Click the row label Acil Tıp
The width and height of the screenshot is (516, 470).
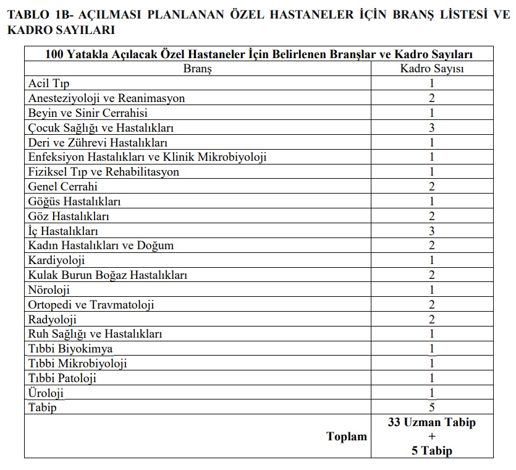pos(49,83)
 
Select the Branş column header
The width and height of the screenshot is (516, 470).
pos(197,69)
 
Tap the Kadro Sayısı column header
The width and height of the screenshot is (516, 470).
pos(432,69)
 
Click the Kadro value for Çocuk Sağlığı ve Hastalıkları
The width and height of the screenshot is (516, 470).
pos(432,128)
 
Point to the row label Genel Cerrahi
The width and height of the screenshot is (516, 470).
pos(63,187)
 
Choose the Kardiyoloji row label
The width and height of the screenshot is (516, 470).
pos(57,260)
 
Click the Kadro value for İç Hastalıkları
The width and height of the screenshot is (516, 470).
pos(432,231)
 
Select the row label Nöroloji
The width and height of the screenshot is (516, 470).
pos(49,290)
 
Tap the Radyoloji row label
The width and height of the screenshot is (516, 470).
pos(53,320)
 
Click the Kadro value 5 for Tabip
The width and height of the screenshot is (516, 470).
pos(432,408)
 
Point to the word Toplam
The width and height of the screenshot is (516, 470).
pos(347,437)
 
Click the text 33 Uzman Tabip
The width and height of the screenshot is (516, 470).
pos(432,423)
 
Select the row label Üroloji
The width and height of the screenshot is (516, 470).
pos(46,393)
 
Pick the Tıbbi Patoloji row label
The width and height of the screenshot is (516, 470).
pos(62,378)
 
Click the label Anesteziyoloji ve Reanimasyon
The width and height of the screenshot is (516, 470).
pos(107,98)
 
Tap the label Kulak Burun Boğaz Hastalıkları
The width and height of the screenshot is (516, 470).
pos(108,275)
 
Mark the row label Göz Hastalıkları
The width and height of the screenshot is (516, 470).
pos(69,216)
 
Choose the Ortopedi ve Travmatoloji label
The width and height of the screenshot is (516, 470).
pos(91,305)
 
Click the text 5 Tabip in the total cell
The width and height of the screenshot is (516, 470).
pos(432,451)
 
